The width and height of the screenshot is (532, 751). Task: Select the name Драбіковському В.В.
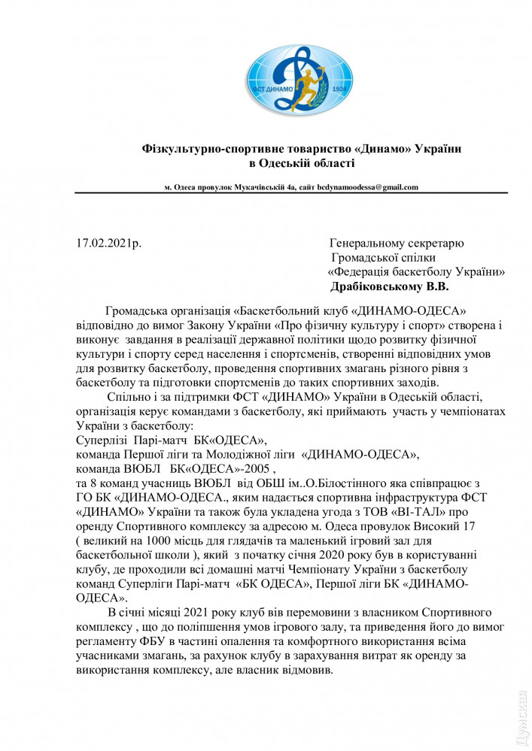point(389,286)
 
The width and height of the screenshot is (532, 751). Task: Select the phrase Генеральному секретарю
point(397,244)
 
